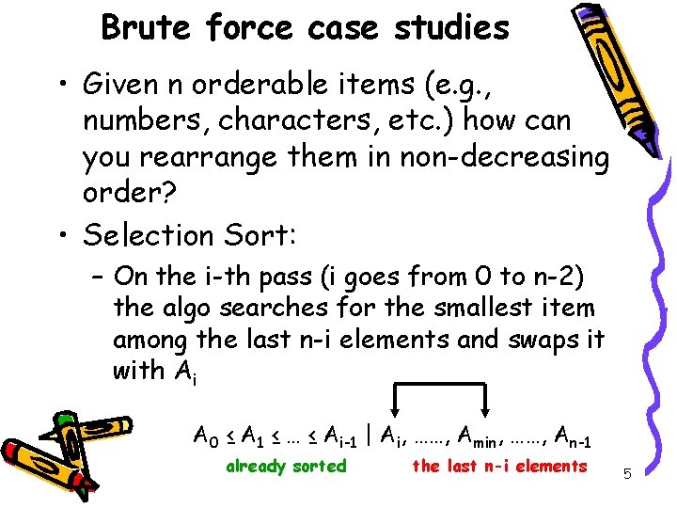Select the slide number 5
tap(628, 476)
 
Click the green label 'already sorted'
tap(287, 466)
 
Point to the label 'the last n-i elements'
tap(499, 466)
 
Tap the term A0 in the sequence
tap(205, 436)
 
